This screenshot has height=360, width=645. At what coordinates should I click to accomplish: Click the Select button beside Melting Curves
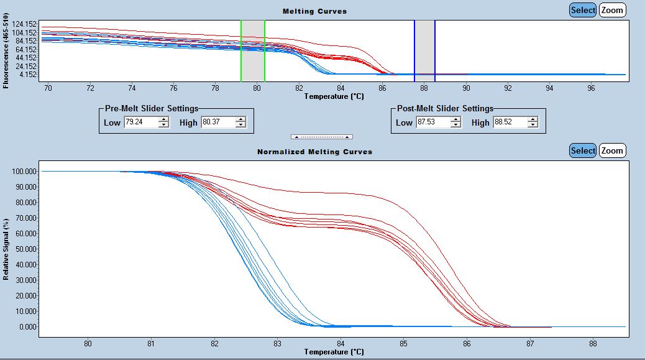point(583,10)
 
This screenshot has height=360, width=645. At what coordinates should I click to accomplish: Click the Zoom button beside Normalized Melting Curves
point(612,150)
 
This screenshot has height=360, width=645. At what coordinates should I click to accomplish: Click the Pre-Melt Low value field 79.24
point(140,122)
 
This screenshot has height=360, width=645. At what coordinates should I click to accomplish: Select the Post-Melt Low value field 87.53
point(433,122)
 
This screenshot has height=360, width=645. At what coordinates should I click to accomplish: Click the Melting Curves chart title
point(314,11)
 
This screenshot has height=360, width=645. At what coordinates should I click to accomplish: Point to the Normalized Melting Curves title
point(314,152)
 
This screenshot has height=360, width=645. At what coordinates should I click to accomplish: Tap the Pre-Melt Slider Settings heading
point(151,109)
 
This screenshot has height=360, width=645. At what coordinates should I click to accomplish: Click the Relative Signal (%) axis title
point(6,249)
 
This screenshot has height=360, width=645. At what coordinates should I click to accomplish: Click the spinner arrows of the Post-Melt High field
point(533,122)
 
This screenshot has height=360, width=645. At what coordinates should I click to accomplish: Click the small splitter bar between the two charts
point(322,136)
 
